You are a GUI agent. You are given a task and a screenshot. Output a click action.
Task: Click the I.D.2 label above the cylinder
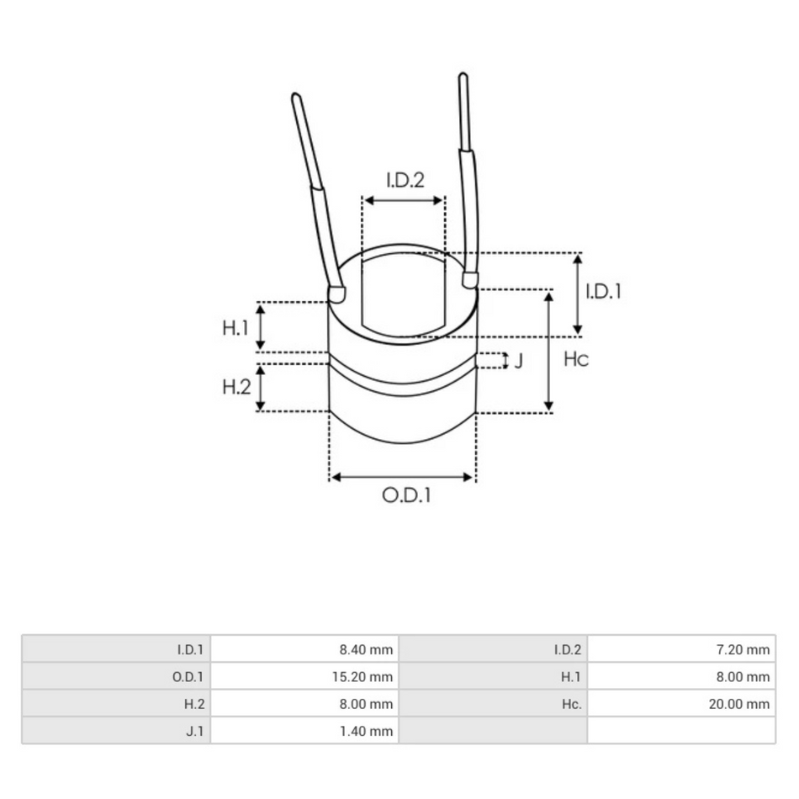click(405, 180)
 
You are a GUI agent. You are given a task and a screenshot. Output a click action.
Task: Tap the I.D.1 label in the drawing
click(603, 292)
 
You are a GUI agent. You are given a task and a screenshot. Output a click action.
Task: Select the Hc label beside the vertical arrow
click(575, 360)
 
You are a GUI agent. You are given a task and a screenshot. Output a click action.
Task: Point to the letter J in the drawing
click(519, 361)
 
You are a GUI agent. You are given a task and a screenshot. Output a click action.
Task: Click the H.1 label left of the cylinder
click(235, 327)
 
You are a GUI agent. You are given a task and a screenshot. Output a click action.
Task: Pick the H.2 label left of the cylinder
click(235, 387)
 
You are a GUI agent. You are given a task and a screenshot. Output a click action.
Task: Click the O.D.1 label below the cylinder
click(406, 495)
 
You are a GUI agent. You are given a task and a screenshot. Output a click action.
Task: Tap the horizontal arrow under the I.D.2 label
click(403, 200)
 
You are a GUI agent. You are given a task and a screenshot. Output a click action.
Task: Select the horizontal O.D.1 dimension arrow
click(402, 477)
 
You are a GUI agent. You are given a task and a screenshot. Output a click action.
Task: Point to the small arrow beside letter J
click(505, 361)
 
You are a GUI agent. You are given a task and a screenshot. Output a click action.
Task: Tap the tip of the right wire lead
click(463, 78)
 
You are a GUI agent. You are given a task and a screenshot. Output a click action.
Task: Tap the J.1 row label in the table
click(194, 731)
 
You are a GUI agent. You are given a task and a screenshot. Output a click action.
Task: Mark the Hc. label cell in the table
click(571, 703)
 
